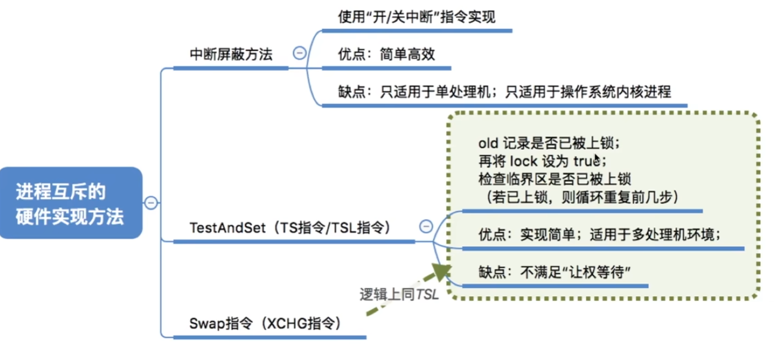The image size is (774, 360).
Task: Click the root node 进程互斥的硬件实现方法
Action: click(70, 203)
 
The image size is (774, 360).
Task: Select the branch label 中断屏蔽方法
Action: click(231, 54)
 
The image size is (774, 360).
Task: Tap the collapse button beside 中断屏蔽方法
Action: click(300, 53)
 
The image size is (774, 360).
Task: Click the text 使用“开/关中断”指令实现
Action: click(416, 17)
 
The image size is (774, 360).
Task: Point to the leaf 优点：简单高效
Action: click(386, 54)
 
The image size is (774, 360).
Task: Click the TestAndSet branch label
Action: click(290, 228)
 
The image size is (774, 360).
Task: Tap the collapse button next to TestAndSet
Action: click(425, 226)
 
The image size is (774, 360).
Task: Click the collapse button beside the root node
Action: click(151, 203)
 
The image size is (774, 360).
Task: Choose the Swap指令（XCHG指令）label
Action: click(264, 323)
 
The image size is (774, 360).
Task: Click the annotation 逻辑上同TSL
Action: click(399, 294)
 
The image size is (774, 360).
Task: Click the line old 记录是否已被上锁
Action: click(549, 143)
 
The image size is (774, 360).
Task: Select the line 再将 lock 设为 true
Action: click(542, 161)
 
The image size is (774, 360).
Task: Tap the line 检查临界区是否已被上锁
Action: click(554, 178)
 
